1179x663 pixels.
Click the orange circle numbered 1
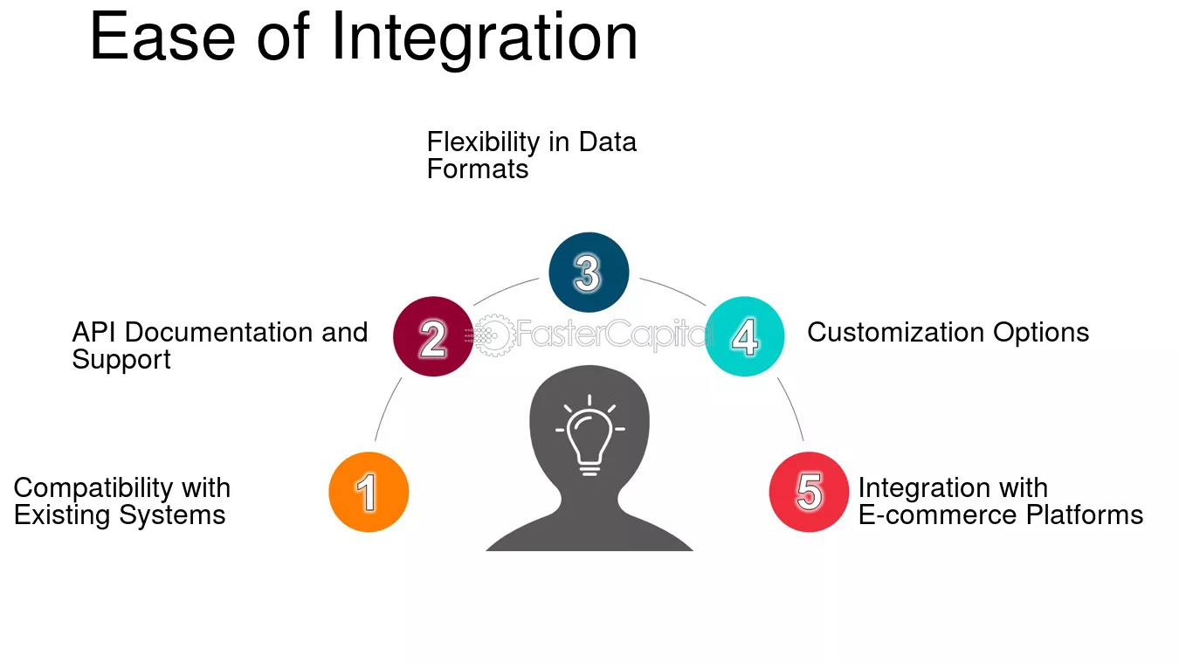[x=369, y=492]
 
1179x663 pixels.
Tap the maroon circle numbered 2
[x=433, y=336]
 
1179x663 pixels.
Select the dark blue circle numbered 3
[x=589, y=273]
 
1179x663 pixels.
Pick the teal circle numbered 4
[x=744, y=336]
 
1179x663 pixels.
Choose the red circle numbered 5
[x=809, y=492]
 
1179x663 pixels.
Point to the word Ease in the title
[x=162, y=37]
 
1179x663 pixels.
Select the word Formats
[x=478, y=169]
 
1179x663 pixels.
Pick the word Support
[x=121, y=361]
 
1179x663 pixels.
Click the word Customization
[x=895, y=332]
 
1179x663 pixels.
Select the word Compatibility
[x=93, y=488]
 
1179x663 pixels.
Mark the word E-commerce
[x=937, y=515]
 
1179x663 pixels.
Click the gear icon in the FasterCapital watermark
[x=493, y=335]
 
